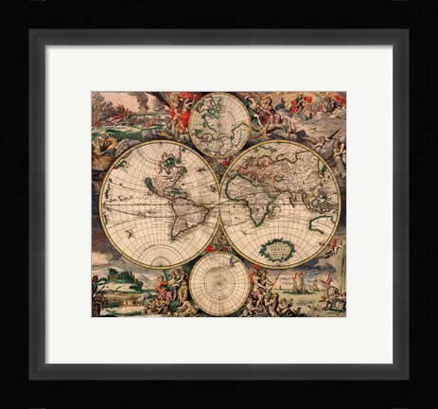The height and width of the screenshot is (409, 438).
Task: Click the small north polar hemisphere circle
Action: pos(219,122)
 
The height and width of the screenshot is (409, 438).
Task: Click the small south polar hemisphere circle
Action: pos(219,282)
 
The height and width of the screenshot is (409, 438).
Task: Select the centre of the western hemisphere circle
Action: pos(160,203)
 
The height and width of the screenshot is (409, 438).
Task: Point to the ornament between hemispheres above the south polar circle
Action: pos(220,241)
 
